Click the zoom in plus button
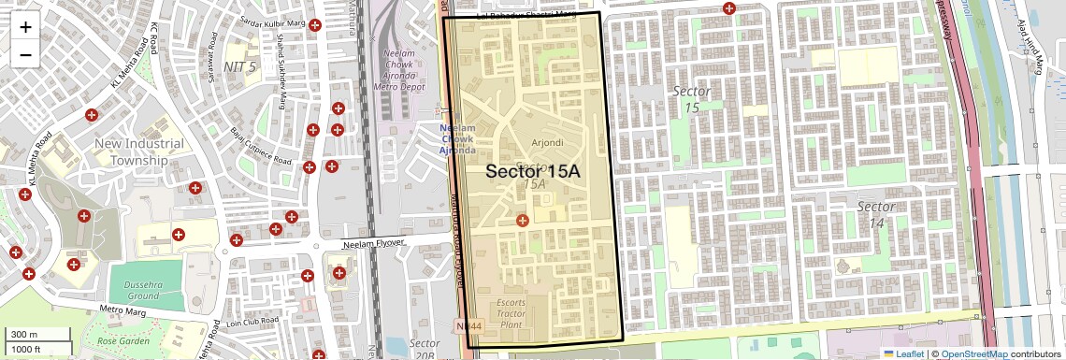(x=25, y=27)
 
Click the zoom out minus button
(x=25, y=54)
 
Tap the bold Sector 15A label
(x=533, y=171)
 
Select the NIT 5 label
(x=239, y=66)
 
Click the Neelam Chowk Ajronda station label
(x=458, y=138)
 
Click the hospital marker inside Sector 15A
(x=523, y=221)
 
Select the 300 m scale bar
(x=37, y=335)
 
